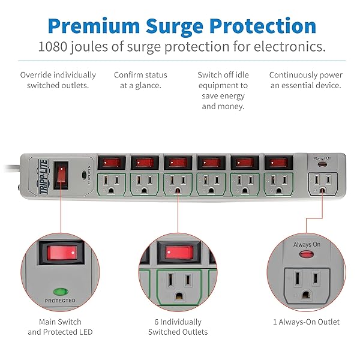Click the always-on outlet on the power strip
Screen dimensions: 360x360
coord(322,182)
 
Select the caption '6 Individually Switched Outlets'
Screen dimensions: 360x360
coord(178,327)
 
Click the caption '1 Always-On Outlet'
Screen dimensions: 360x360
coord(305,322)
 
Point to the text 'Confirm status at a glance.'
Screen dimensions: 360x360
coord(140,80)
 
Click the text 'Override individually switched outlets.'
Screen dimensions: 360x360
coord(58,80)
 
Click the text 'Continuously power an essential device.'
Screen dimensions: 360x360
coord(305,80)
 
